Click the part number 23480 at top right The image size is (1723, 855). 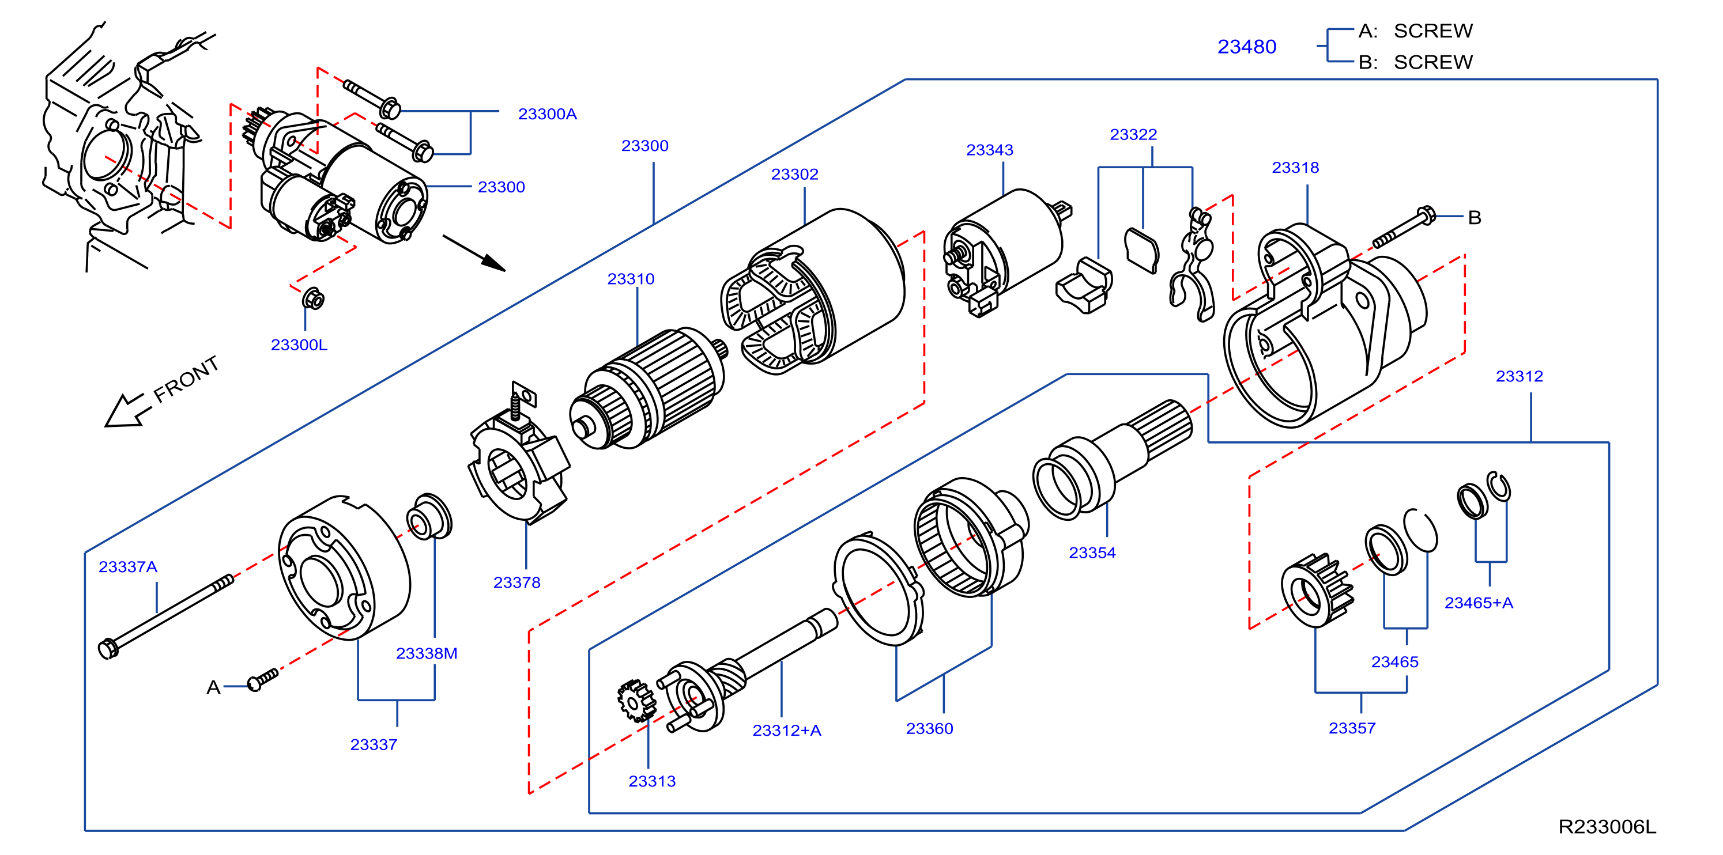(x=1246, y=47)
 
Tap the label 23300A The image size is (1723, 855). (x=547, y=114)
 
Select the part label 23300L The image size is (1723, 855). (x=299, y=345)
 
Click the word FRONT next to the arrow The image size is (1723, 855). (x=186, y=379)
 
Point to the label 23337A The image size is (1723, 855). (x=128, y=567)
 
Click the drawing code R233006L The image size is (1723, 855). (x=1607, y=827)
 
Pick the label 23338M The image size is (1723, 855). (x=427, y=653)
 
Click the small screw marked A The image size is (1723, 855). (x=262, y=680)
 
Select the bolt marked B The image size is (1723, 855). (x=1403, y=228)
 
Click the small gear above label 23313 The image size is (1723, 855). (x=636, y=701)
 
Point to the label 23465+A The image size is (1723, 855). (x=1478, y=603)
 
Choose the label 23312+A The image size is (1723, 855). (x=787, y=731)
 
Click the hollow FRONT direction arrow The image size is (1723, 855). (x=125, y=410)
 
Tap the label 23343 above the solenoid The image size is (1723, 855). (x=989, y=150)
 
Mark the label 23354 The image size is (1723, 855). (x=1092, y=553)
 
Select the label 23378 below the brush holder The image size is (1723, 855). (x=516, y=582)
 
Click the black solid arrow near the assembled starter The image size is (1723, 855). (x=474, y=254)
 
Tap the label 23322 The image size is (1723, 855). (x=1133, y=134)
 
